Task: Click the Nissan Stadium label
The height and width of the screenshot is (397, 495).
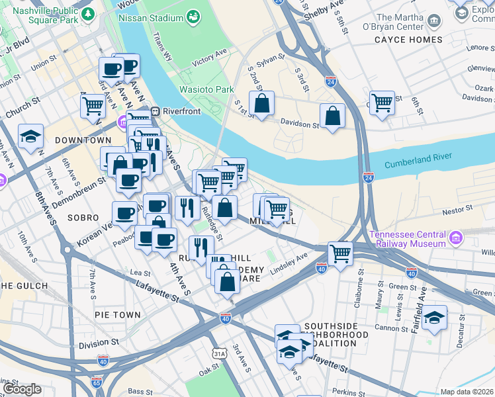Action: click(x=151, y=17)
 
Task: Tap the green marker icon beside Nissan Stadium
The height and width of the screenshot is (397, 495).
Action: click(x=193, y=16)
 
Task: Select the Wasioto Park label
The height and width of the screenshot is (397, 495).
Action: click(x=206, y=89)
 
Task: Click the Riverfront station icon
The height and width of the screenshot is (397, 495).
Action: click(x=156, y=111)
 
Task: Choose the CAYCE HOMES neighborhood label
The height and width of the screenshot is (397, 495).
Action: click(x=408, y=40)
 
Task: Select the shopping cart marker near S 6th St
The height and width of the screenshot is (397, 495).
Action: click(x=382, y=103)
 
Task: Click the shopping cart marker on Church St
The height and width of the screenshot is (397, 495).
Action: click(x=92, y=105)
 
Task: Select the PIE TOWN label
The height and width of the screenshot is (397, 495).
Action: click(x=116, y=315)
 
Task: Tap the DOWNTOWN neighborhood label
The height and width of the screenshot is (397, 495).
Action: click(x=83, y=140)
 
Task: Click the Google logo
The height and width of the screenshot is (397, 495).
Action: click(x=22, y=389)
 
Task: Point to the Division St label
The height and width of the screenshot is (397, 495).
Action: click(x=97, y=344)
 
